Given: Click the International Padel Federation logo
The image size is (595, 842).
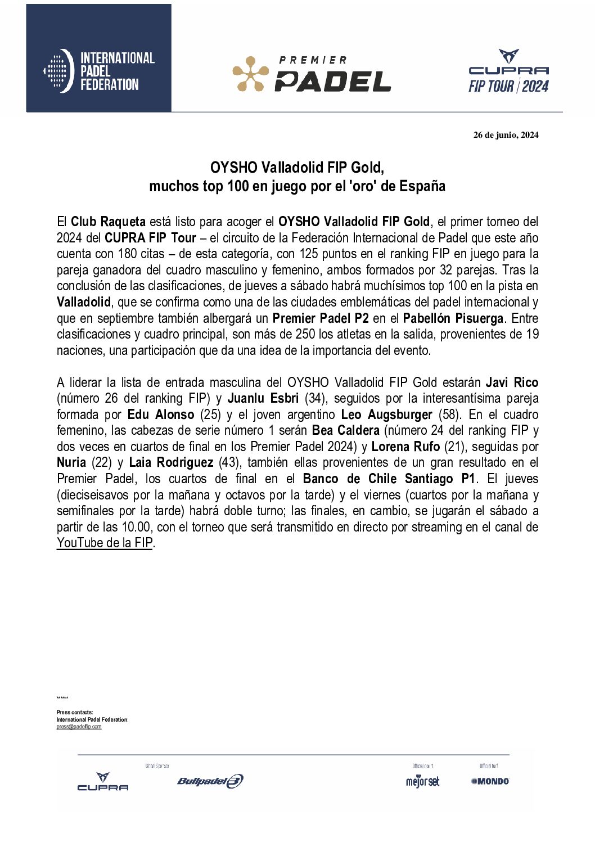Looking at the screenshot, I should pos(99,71).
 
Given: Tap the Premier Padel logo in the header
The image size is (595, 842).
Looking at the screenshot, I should pos(312,74).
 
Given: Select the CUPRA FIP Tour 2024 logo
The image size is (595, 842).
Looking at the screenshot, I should pos(508,71).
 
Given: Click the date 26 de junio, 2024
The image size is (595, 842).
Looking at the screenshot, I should pos(506,134).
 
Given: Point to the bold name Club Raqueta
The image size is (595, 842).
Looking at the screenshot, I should pos(108,222).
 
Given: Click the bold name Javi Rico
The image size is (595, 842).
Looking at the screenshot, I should pos(512,382).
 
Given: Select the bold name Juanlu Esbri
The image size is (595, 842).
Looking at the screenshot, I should pos(263,398).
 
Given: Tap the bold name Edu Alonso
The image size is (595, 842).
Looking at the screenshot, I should pos(161,415).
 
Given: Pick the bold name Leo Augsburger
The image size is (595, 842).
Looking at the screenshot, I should pos(386,415).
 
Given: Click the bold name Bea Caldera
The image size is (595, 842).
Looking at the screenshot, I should pos(345,430).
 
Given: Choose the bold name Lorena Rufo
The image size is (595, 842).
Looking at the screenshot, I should pos(405,447).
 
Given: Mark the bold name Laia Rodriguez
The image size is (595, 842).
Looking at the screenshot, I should pos(171,462).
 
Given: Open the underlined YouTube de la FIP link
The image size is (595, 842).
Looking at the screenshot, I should pos(105,543).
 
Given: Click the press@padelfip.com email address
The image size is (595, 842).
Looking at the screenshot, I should pos(79,727).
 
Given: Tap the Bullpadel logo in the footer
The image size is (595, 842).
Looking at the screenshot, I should pos(210,781).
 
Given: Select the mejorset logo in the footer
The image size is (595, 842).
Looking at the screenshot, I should pos(422,781).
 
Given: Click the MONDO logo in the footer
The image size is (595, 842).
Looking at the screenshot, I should pos(490,781).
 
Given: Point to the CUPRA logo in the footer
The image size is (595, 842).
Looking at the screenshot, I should pos(103,782).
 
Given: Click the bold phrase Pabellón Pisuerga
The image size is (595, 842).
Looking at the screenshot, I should pos(453,318).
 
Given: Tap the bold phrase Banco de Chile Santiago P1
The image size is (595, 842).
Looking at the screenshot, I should pos(389,479).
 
